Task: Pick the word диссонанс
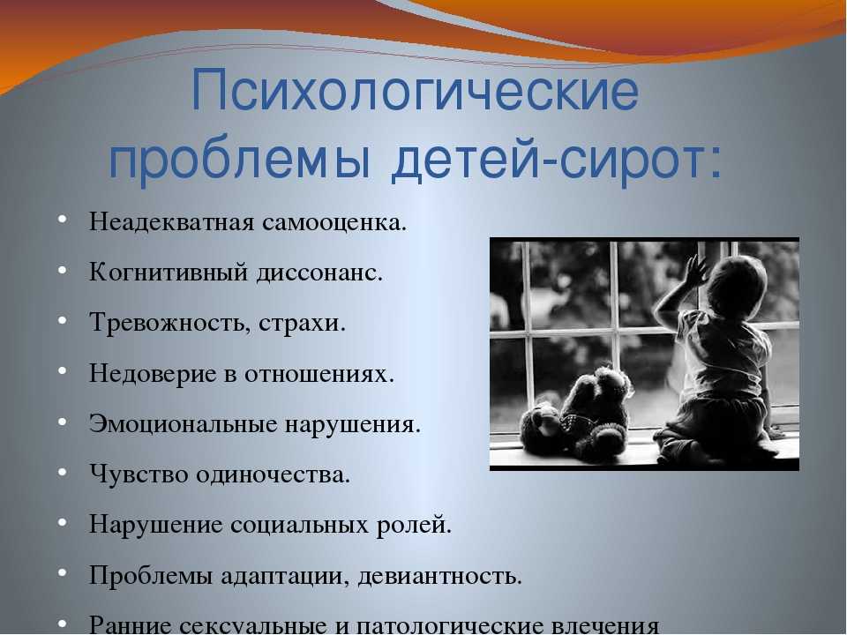pyautogui.click(x=319, y=273)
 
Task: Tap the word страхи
pyautogui.click(x=302, y=323)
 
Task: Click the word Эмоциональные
pyautogui.click(x=184, y=424)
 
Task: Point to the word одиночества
pyautogui.click(x=273, y=475)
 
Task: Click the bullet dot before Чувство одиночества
pyautogui.click(x=62, y=473)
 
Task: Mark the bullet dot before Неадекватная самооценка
pyautogui.click(x=62, y=220)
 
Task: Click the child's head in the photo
pyautogui.click(x=736, y=288)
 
